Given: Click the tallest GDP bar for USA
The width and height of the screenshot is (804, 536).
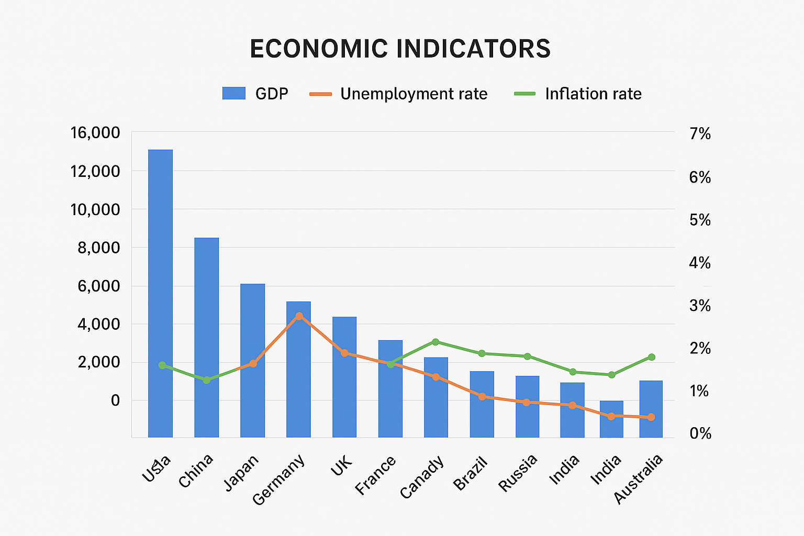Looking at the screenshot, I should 160,293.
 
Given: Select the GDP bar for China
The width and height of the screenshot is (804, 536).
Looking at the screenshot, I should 206,337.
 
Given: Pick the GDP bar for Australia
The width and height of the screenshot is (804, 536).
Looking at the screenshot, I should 651,409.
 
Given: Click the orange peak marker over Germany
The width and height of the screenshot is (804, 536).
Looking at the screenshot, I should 299,316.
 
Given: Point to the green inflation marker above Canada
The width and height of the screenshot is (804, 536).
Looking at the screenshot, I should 435,342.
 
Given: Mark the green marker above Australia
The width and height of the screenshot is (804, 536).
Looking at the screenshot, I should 651,357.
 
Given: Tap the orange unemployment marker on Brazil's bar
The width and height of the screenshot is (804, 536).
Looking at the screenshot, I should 482,396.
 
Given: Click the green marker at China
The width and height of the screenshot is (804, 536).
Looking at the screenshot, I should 206,380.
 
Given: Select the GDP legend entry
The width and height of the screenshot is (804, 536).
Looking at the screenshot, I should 255,94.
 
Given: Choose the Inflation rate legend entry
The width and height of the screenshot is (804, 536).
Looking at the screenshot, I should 578,94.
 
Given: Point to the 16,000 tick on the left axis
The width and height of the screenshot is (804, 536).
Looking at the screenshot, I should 95,133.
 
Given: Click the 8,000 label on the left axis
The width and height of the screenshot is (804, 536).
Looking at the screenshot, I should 99,248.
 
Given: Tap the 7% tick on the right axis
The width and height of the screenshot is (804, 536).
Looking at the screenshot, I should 700,134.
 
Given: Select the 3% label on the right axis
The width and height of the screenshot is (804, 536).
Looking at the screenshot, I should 700,306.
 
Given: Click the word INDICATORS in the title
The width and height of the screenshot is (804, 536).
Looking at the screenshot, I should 473,49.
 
